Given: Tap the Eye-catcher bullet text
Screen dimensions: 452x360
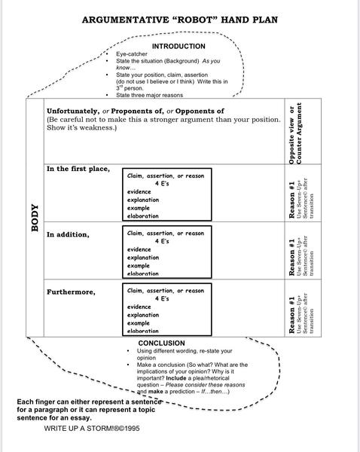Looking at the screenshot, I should tap(131, 55).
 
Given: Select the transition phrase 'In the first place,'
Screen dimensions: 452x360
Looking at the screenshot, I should tap(78, 169).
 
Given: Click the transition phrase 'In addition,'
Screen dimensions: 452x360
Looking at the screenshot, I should tap(68, 234).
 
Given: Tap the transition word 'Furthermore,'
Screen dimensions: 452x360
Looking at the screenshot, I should tap(72, 292).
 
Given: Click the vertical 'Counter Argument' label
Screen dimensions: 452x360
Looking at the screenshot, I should tap(300, 133).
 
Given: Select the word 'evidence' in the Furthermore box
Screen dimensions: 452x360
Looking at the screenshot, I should tap(141, 307).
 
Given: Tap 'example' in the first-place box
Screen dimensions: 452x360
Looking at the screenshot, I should tap(139, 208).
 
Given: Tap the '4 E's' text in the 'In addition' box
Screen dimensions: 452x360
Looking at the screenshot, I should tap(165, 241).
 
